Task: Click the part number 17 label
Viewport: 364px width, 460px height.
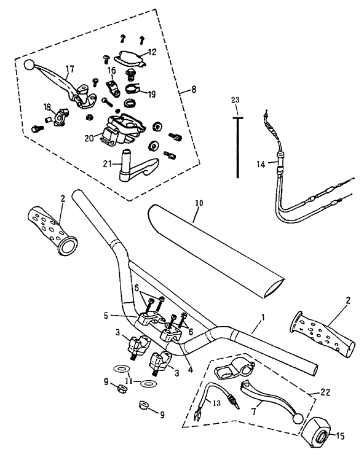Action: click(x=69, y=69)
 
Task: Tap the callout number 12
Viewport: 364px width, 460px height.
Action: click(x=152, y=52)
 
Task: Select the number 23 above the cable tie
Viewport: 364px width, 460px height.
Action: click(x=235, y=100)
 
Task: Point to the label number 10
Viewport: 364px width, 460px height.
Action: click(x=199, y=203)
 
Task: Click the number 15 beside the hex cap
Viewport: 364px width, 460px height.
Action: click(x=339, y=436)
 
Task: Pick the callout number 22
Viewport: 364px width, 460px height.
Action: click(x=325, y=392)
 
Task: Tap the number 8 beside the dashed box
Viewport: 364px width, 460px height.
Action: click(x=194, y=89)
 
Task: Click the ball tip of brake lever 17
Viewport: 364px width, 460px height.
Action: click(x=29, y=65)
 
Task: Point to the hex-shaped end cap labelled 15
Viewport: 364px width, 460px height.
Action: click(x=317, y=433)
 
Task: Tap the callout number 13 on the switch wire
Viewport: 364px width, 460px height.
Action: click(x=216, y=403)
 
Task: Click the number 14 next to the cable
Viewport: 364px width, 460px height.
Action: click(x=261, y=164)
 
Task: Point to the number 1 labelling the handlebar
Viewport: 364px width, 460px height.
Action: click(x=263, y=317)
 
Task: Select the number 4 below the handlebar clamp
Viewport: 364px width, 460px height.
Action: click(x=191, y=370)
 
